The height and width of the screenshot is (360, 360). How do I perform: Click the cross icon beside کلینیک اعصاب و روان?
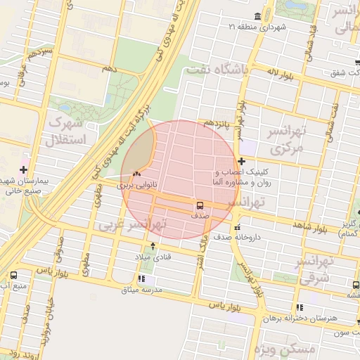pyautogui.click(x=241, y=161)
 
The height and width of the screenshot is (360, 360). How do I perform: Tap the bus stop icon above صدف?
pyautogui.click(x=200, y=206)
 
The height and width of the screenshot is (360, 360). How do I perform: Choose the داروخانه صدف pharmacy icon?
pyautogui.click(x=238, y=228)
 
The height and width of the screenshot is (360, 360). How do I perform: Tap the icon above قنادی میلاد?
pyautogui.click(x=154, y=246)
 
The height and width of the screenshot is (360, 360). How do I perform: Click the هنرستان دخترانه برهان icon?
pyautogui.click(x=300, y=307)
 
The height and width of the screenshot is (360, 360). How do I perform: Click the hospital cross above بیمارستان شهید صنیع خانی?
pyautogui.click(x=25, y=169)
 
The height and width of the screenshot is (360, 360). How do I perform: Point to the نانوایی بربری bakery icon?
pyautogui.click(x=136, y=174)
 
